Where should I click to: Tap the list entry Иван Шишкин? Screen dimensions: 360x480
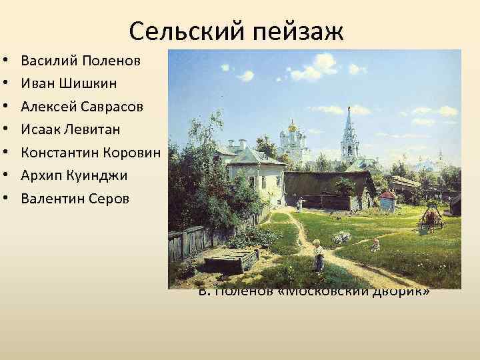click(x=69, y=84)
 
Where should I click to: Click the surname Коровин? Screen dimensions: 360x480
click(x=135, y=152)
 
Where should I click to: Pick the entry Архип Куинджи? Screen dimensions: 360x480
click(x=74, y=175)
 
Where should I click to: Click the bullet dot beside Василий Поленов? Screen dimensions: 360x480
click(x=6, y=61)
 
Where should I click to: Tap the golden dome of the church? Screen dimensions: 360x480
click(x=291, y=126)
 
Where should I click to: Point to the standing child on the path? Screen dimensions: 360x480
click(x=319, y=257)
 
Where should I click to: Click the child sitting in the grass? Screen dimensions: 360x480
click(x=375, y=245)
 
